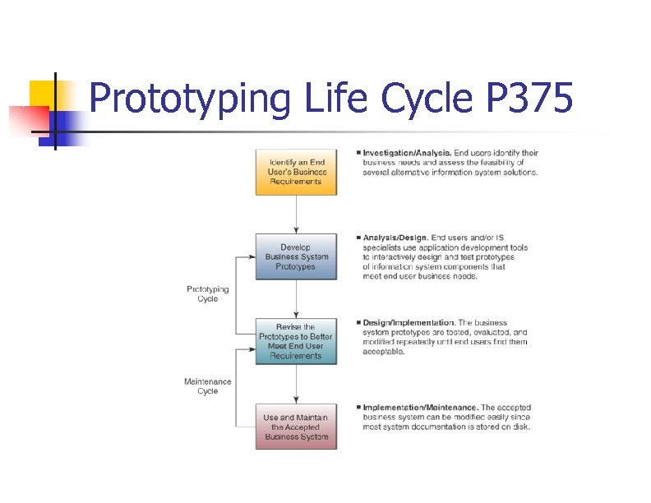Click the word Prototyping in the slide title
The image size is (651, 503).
point(190,100)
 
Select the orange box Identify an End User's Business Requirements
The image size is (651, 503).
point(296,172)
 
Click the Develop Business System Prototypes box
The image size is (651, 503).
point(296,256)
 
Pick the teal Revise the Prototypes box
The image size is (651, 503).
point(296,341)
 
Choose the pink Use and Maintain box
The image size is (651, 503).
point(296,427)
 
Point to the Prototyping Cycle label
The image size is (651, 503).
point(208,294)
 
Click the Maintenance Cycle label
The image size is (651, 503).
point(208,386)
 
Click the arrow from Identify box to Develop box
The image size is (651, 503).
point(296,214)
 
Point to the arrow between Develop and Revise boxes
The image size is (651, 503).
point(296,299)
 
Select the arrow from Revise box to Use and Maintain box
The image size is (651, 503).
point(296,384)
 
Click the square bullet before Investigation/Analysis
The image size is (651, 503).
point(358,153)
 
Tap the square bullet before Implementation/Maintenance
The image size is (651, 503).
point(358,408)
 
